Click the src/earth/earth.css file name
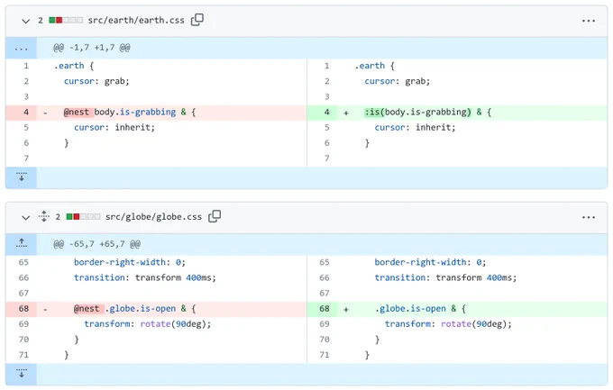(x=135, y=21)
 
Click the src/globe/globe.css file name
(x=153, y=217)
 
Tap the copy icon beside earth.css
(x=197, y=20)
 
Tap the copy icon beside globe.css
(x=215, y=216)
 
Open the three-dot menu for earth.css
(x=589, y=21)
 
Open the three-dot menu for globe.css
(x=589, y=217)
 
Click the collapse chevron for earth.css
(x=26, y=21)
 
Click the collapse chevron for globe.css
(x=26, y=218)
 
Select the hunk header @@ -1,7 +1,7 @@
(x=91, y=48)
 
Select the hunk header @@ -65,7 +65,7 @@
(x=96, y=244)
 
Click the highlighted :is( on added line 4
(x=374, y=113)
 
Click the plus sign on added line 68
(x=346, y=310)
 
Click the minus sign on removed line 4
(x=45, y=113)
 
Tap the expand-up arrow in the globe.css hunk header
(x=22, y=243)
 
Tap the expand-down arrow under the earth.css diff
(x=22, y=177)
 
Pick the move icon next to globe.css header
(x=44, y=216)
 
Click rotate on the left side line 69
(x=155, y=324)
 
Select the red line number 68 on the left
(x=23, y=309)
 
